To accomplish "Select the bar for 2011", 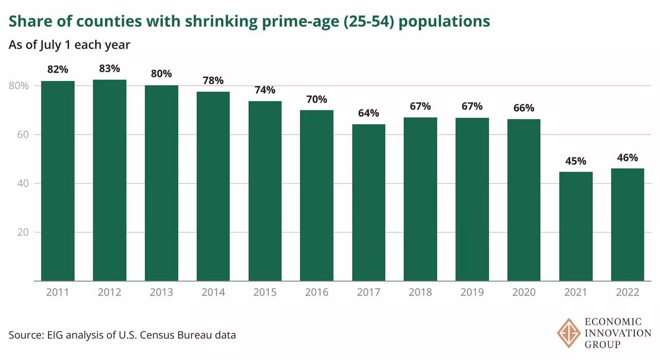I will pos(58,181).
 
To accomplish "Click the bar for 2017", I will pos(368,203).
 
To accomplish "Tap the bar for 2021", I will pos(575,226).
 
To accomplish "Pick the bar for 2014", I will pos(213,186).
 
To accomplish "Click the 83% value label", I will pos(109,69).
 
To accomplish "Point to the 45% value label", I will pos(575,161).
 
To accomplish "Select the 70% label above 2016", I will pos(317,99).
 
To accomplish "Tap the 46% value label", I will pos(627,157).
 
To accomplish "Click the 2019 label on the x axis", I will pos(472,292).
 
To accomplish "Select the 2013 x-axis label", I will pos(161,292).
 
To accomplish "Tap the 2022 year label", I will pos(627,292).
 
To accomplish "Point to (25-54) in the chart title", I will pos(372,22).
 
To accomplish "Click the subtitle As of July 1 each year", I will pos(69,45).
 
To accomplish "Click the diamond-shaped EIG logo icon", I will pos(569,333).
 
